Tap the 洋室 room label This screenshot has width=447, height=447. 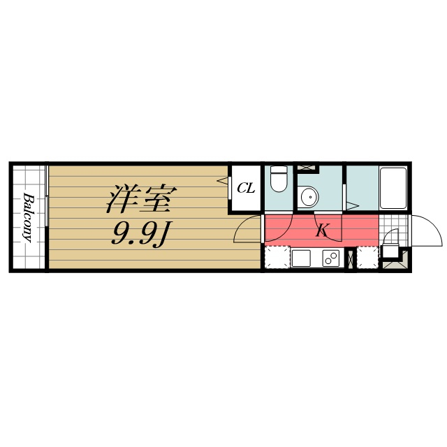(138, 199)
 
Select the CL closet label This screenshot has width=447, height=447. (245, 187)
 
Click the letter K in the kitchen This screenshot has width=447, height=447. (322, 230)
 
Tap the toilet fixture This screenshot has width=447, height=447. (279, 179)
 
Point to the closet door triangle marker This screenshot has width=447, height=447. (227, 182)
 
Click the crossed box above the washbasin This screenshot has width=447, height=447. (307, 169)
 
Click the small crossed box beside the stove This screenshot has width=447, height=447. (351, 258)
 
